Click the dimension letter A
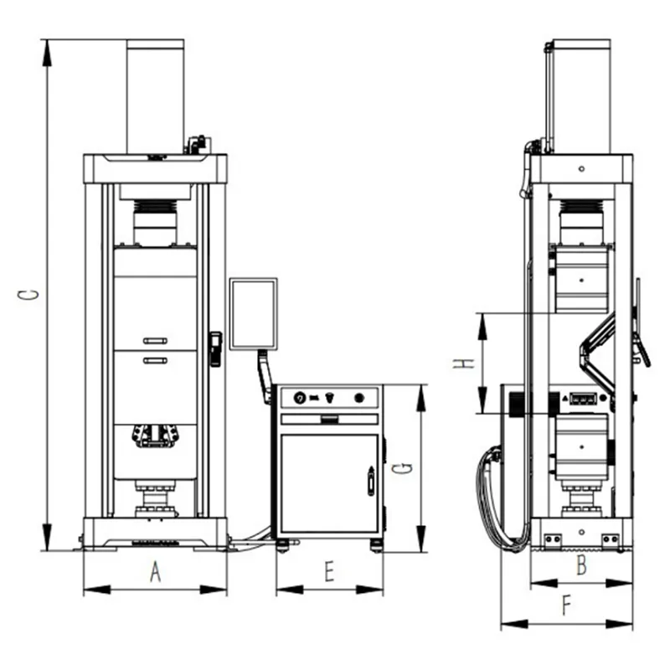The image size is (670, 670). point(156,572)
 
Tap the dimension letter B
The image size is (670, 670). point(581,564)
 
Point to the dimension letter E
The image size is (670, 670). point(329,571)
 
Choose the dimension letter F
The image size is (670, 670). point(567,606)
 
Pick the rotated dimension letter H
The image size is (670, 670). point(464,363)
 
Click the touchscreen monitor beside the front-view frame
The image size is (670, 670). point(254,314)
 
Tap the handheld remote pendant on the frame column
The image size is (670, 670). point(215,349)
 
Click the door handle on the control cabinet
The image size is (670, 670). point(371,481)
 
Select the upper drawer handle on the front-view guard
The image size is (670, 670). point(155,341)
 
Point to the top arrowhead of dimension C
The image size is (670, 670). point(47,53)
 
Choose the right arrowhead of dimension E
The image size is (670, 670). point(369,590)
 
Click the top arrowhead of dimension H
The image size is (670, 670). point(482,327)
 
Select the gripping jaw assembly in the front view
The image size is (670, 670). point(155,435)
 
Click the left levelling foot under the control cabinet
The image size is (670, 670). point(282,546)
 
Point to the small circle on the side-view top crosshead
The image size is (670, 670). point(581,169)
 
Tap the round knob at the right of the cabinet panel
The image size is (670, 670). point(359,399)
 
